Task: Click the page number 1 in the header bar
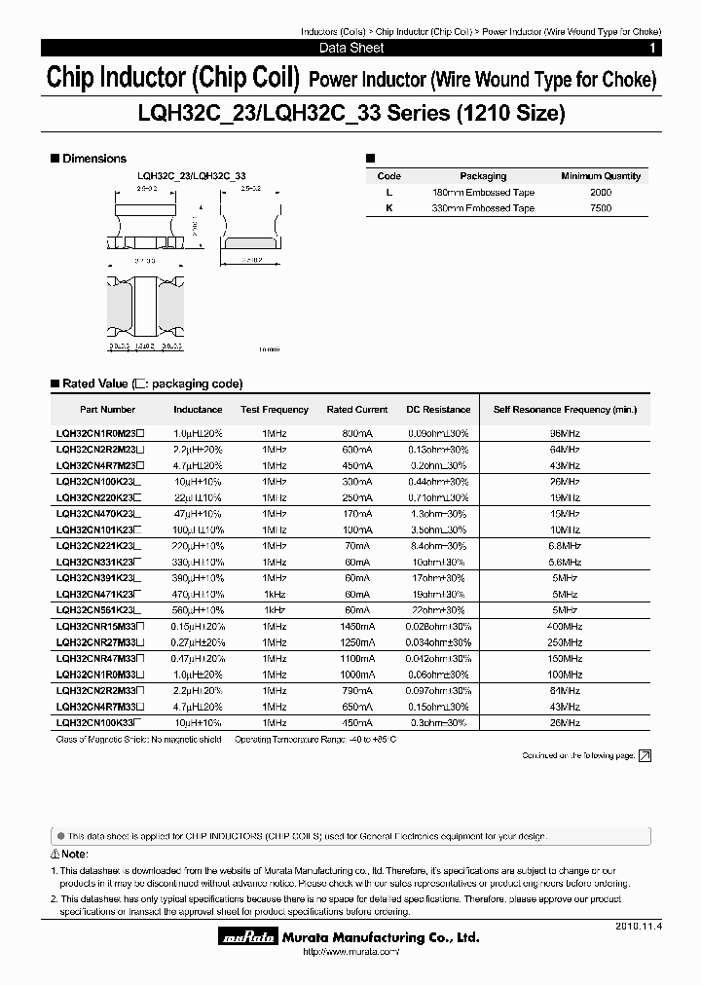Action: tap(651, 48)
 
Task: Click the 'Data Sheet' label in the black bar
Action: tap(351, 48)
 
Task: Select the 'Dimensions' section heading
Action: tap(94, 158)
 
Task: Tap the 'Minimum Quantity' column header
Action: tap(601, 176)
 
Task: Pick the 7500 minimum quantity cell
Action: tap(601, 208)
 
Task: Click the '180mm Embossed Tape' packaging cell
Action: tap(483, 193)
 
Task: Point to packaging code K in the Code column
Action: tap(388, 208)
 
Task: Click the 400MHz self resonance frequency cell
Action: tap(565, 628)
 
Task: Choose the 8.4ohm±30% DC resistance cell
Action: tap(437, 546)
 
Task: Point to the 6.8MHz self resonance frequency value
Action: tap(565, 546)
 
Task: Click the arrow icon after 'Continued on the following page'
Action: tap(644, 755)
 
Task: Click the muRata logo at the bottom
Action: tap(246, 939)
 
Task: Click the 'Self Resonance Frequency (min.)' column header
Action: tap(565, 410)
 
